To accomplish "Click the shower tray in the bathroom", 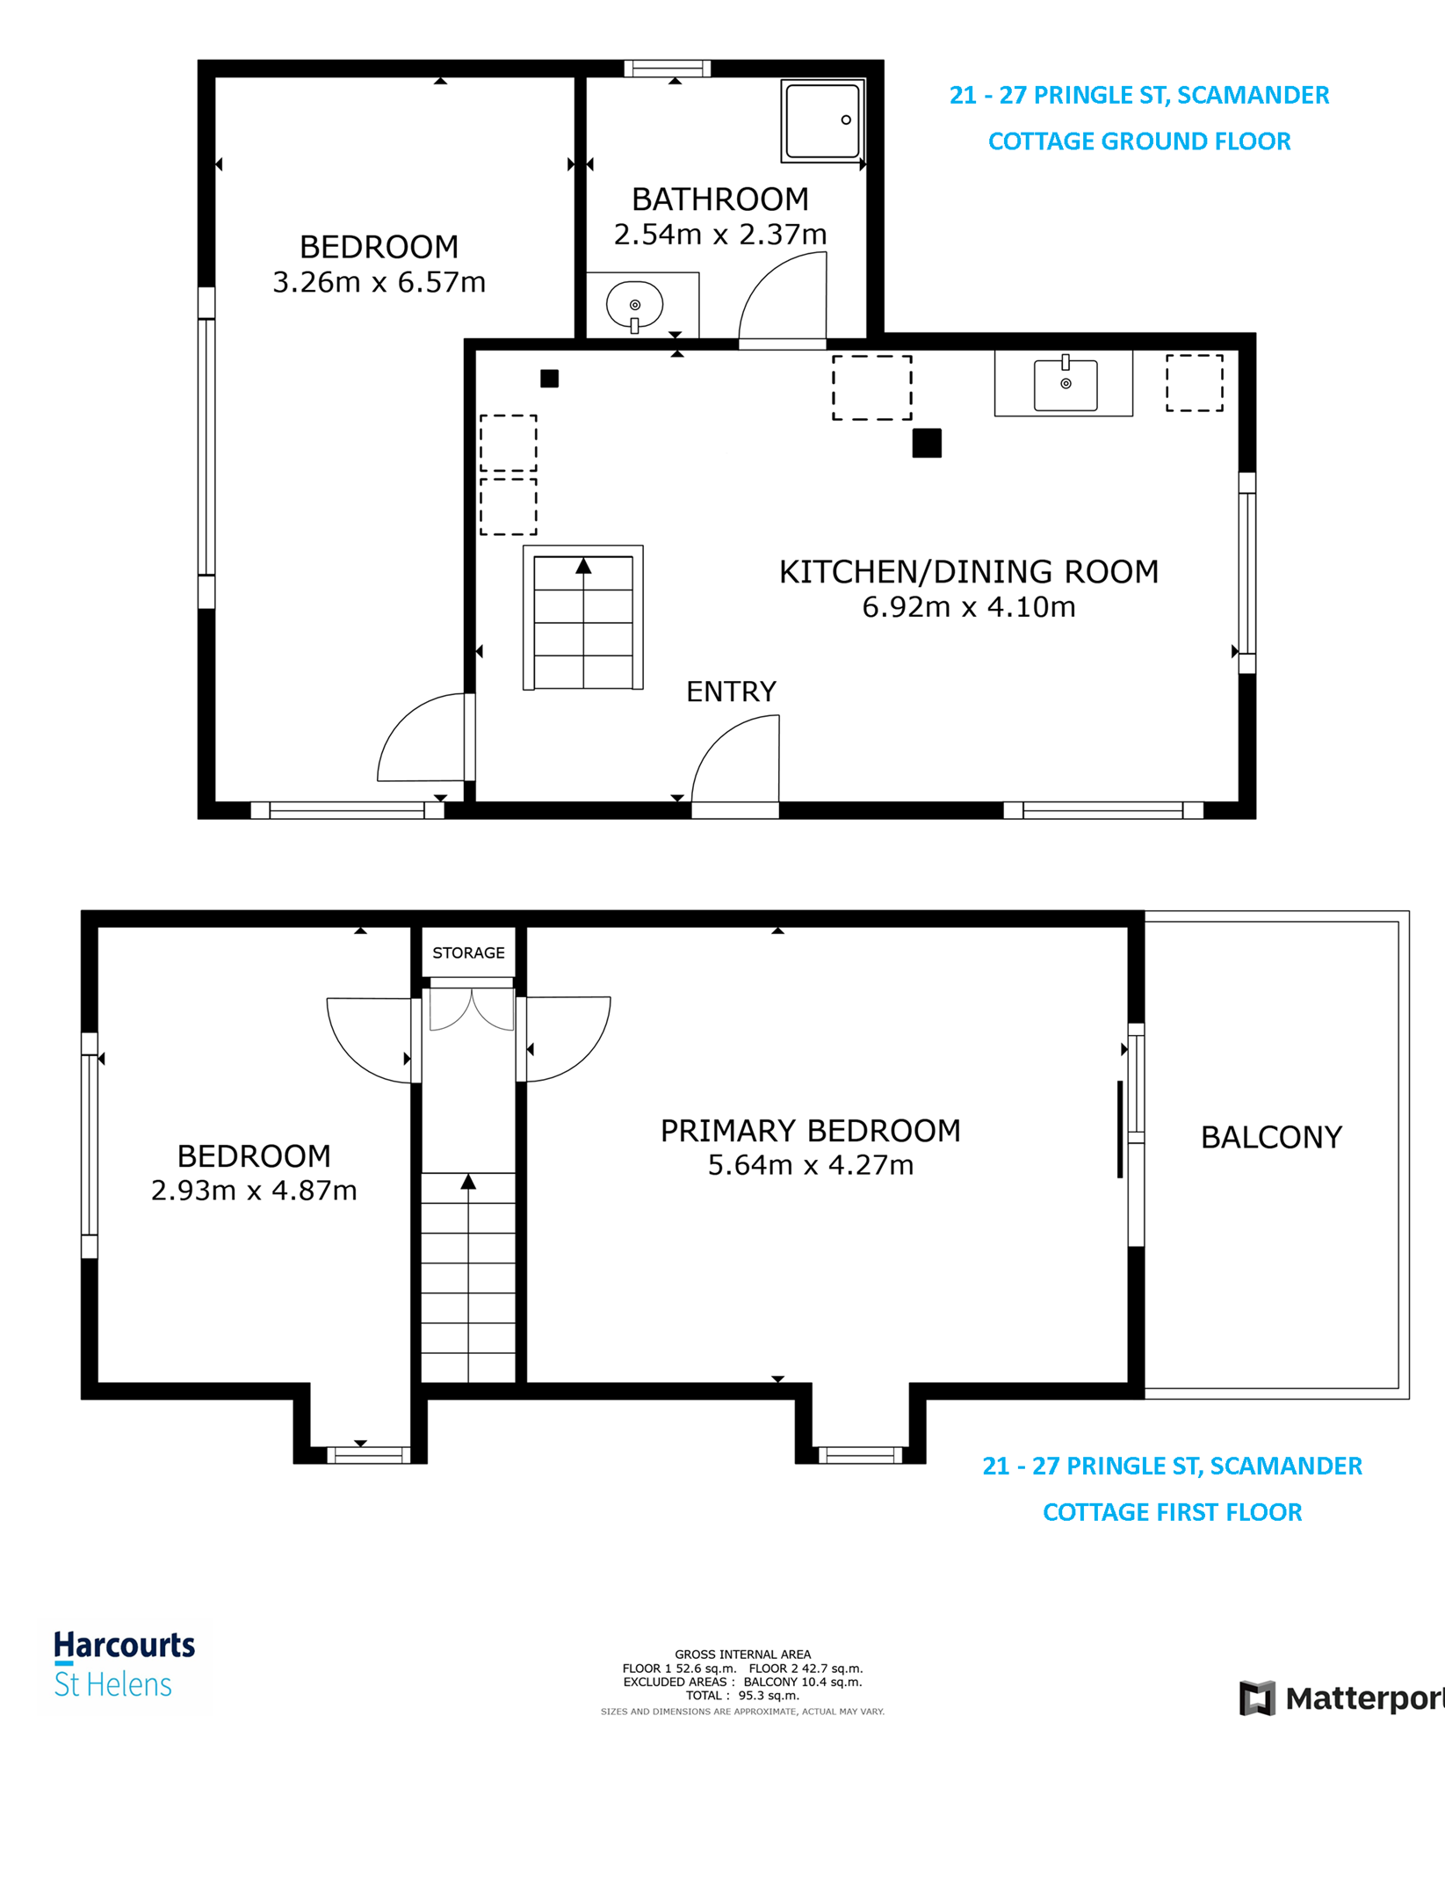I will pos(822,120).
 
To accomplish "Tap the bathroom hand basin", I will pos(634,305).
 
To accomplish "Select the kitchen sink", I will pos(1065,385).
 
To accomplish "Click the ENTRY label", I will pos(731,691).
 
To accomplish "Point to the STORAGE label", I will pos(468,952).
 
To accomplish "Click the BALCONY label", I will pos(1271,1137).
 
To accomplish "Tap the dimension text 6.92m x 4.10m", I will pos(968,607).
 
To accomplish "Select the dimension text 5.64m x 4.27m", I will pos(810,1165).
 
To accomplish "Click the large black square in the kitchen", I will pos(927,443).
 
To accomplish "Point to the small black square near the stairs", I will pos(549,379).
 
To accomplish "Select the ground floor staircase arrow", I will pos(583,568).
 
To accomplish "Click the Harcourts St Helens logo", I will pos(123,1664).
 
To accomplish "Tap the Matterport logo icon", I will pos(1257,1698).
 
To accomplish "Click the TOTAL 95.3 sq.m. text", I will pos(742,1696).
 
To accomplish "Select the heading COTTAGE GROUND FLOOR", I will pos(1138,141).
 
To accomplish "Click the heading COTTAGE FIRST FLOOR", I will pos(1172,1512).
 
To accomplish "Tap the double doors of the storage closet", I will pos(472,1010).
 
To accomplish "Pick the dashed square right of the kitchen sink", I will pos(1194,383).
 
